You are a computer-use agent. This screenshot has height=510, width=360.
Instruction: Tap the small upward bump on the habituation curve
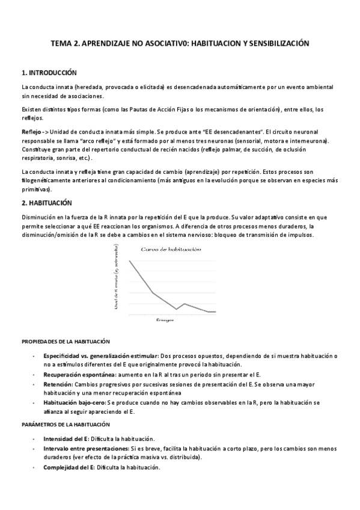[184, 304]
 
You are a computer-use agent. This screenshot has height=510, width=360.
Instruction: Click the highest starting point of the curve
[129, 261]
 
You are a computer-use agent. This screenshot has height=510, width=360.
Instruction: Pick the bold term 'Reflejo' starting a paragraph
[32, 132]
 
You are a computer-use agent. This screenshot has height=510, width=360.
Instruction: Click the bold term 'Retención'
[57, 383]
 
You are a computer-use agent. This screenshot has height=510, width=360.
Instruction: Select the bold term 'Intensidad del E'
[66, 439]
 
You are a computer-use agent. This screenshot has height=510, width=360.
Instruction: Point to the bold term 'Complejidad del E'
[68, 467]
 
